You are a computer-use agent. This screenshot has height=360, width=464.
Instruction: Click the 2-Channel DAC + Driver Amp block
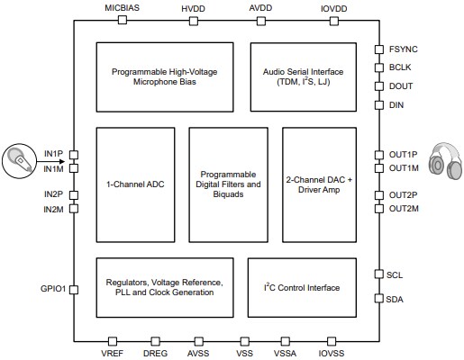coord(319,184)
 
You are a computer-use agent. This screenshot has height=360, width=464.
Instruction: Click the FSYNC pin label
coord(402,49)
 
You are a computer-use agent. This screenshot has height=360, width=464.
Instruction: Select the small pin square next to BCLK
coord(379,67)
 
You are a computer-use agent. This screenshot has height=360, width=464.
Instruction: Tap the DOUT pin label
coord(400,86)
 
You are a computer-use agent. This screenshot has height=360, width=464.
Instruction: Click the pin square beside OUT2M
coord(379,209)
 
